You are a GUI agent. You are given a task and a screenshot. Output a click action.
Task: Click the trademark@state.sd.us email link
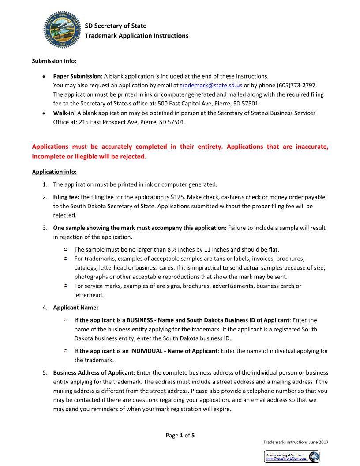(x=211, y=85)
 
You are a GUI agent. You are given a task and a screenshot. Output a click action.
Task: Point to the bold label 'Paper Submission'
(x=77, y=76)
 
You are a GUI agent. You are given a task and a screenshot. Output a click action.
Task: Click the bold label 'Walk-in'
(x=64, y=113)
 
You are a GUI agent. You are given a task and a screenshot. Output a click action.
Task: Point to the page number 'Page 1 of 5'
(x=180, y=435)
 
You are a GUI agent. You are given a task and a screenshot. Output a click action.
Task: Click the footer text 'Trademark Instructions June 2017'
(x=296, y=442)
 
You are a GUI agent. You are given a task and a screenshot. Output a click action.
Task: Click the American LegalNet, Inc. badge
(x=292, y=456)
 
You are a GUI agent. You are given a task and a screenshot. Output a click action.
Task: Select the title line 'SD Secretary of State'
(x=116, y=26)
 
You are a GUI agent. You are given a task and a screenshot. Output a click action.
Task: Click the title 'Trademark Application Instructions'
(x=136, y=36)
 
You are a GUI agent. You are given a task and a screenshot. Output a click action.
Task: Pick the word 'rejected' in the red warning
(x=127, y=157)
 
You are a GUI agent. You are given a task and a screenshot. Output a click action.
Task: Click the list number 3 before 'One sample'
(x=45, y=228)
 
